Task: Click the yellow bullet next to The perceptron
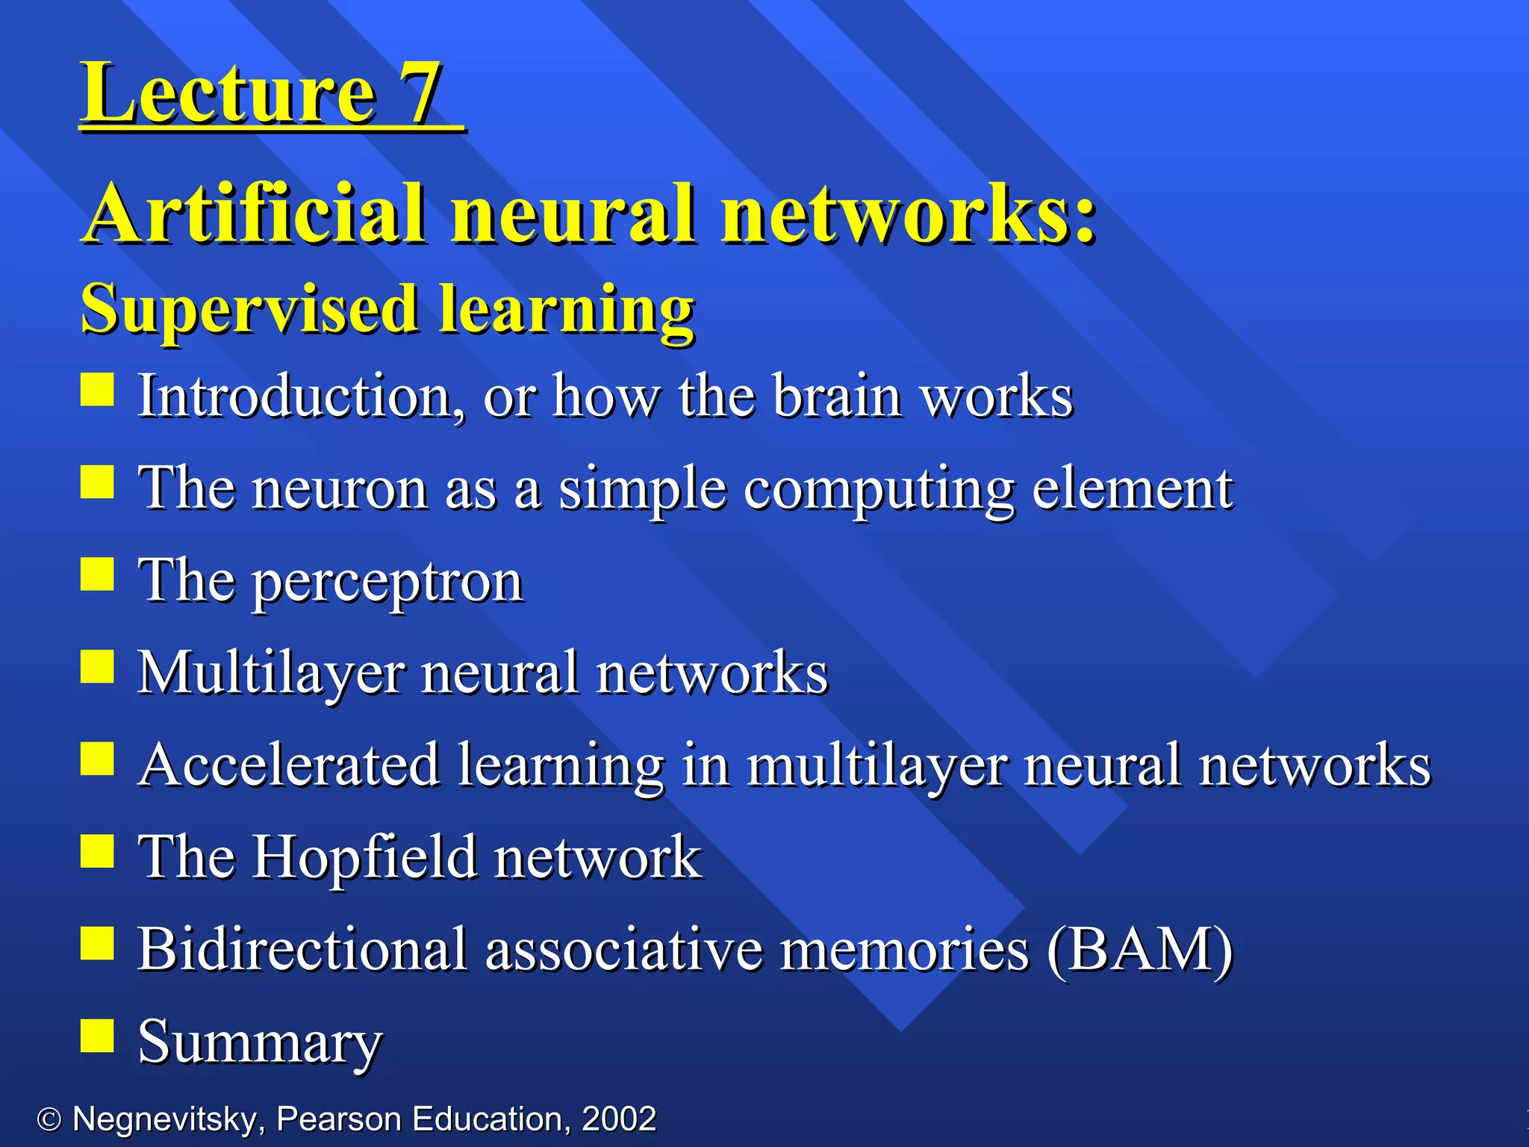(97, 574)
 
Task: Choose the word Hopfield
(364, 857)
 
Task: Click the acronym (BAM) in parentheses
(1140, 950)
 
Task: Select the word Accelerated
(290, 765)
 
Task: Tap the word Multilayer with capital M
(272, 673)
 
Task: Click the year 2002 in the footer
(619, 1119)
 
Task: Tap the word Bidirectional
(302, 949)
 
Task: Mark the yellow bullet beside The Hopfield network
(97, 851)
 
